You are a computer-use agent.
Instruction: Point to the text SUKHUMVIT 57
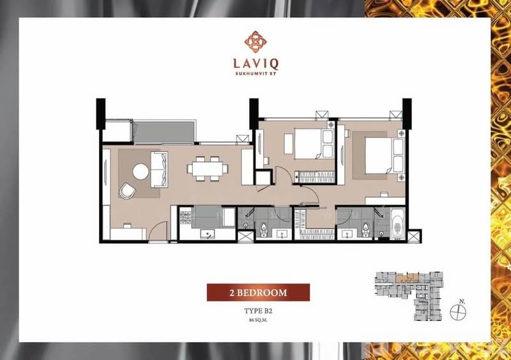coord(255,78)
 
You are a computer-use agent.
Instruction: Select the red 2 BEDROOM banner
coord(258,292)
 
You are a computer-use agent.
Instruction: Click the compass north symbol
coord(457,311)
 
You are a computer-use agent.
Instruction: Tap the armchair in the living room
coord(128,190)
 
